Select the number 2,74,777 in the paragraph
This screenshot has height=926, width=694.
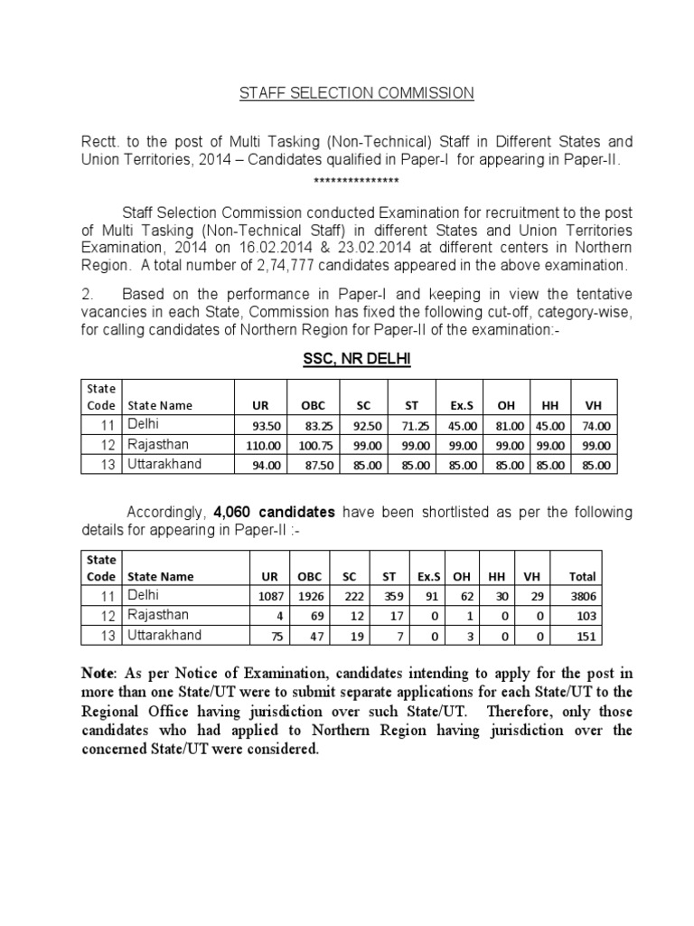point(286,265)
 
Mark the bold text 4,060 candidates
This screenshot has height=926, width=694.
point(274,513)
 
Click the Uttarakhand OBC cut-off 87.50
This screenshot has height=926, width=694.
point(301,466)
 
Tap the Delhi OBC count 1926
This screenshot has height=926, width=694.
point(305,597)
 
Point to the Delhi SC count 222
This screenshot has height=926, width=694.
point(350,597)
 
